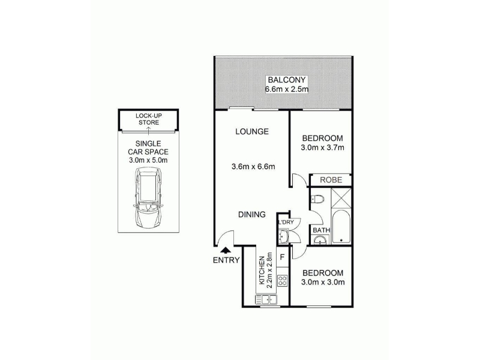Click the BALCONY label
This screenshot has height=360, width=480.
pos(287,80)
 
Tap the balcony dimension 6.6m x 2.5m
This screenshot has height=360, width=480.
pos(287,89)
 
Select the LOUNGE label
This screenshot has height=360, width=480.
pos(252,131)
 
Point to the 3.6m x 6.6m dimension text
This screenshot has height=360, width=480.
pos(253,167)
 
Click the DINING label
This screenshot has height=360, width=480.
pos(252,215)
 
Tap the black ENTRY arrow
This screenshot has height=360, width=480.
pos(226,250)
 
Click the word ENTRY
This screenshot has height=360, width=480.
pos(226,260)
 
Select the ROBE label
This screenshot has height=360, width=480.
pos(331,179)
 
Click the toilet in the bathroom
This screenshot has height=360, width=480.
pos(317,199)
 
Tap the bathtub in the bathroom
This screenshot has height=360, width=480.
pos(341,227)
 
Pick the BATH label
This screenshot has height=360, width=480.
pos(322,230)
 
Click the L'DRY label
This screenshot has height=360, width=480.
pos(286,222)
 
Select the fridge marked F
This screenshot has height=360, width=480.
pos(282,257)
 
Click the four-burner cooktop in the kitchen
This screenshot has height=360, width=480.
pos(282,280)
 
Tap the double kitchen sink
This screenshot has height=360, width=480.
pos(266,299)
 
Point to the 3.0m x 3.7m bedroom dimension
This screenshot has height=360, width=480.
pos(322,148)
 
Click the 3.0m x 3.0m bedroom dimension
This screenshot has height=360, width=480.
pos(323,282)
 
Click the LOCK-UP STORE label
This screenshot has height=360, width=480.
pos(149,119)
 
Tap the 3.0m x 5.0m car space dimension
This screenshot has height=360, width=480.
pos(148,160)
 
